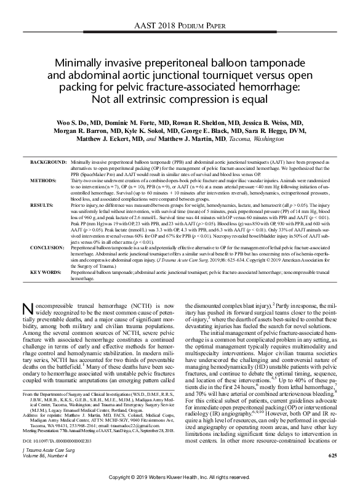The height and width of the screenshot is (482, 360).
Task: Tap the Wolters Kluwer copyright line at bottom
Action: click(x=180, y=477)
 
